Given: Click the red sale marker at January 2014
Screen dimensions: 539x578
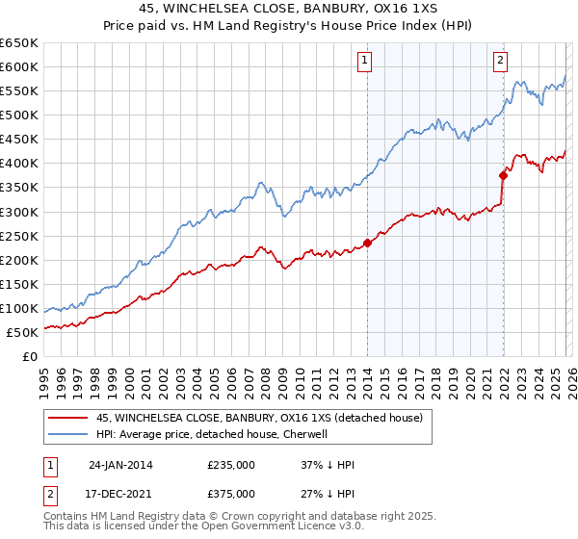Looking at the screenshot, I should click(x=367, y=243).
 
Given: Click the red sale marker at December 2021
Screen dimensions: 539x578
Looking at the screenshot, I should click(x=503, y=175).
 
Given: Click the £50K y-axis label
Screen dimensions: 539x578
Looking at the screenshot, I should click(x=23, y=332).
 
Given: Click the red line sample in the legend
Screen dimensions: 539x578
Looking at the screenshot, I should click(x=69, y=418).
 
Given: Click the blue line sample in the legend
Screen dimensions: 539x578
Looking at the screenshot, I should click(x=69, y=434).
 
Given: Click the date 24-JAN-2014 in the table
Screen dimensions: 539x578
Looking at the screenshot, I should click(x=120, y=465).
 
